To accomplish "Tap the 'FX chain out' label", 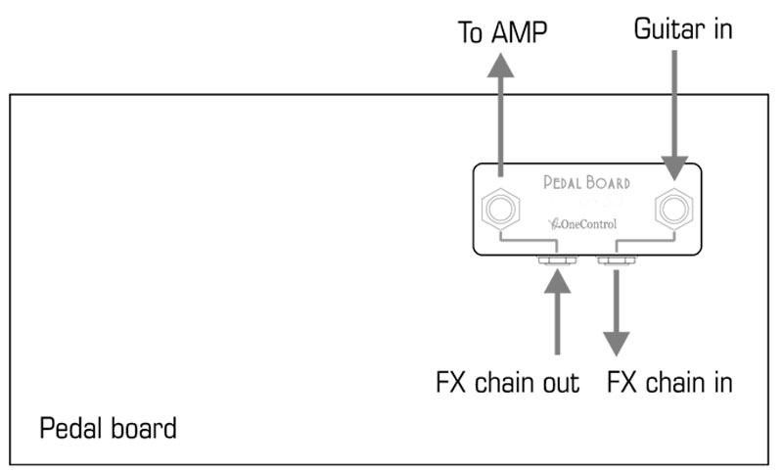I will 507,381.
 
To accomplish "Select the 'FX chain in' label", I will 670,381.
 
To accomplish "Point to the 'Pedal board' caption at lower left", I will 108,428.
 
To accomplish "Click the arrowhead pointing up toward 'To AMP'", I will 502,68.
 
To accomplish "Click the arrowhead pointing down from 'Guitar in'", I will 673,167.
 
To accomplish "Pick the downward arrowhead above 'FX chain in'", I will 617,342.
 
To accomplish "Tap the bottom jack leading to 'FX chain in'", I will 617,260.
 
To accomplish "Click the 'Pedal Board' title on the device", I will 586,182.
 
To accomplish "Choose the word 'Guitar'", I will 663,30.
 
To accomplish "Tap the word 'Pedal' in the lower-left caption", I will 73,428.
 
